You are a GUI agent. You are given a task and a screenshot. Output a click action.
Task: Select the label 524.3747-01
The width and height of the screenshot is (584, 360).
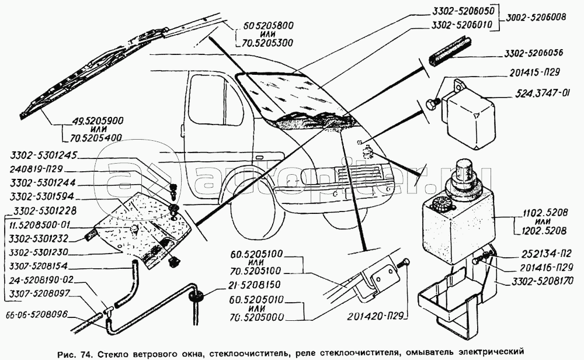click(544, 92)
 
